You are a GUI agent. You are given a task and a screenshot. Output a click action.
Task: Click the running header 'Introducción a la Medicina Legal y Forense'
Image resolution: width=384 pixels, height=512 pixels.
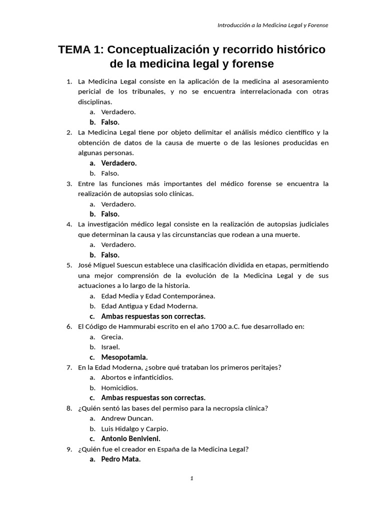click(x=272, y=25)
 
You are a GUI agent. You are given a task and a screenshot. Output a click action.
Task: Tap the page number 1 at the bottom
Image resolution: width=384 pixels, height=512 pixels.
click(x=191, y=478)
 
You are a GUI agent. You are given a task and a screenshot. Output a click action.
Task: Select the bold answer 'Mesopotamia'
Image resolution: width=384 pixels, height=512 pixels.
click(x=124, y=357)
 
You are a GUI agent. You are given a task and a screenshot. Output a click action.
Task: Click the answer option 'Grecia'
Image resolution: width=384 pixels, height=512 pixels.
click(x=112, y=336)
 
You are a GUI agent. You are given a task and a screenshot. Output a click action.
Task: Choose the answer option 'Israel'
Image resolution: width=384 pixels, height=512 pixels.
click(x=110, y=347)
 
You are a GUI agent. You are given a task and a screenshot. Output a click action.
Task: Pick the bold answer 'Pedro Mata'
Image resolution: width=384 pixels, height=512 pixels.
click(x=120, y=459)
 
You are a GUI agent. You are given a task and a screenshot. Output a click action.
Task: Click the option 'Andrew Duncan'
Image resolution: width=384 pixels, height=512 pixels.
click(x=127, y=418)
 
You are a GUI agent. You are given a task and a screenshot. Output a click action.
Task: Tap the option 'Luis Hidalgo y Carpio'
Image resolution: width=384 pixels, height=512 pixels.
click(x=134, y=428)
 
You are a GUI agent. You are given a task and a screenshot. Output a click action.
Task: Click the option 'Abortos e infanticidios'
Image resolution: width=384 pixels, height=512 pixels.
click(x=137, y=377)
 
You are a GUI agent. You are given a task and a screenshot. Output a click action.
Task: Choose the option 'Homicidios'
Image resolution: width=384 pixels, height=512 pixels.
click(x=119, y=387)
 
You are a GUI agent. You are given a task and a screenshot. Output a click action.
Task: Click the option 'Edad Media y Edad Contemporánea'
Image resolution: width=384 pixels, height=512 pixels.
click(x=158, y=295)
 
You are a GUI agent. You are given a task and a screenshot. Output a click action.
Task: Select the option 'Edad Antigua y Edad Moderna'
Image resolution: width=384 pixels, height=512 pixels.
click(x=149, y=306)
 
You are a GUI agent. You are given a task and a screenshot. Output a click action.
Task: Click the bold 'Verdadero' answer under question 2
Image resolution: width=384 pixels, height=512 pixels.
click(x=118, y=163)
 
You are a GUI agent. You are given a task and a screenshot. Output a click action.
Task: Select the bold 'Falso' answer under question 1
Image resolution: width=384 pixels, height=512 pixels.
click(x=110, y=122)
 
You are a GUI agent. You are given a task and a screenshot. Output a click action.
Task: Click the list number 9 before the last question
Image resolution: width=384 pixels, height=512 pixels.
click(x=69, y=449)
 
